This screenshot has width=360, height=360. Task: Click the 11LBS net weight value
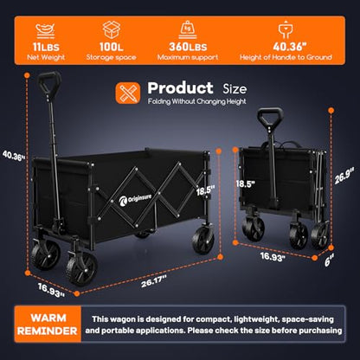pos(46,47)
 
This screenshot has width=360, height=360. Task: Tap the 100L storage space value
pos(112,47)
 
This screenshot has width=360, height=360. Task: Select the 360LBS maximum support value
pos(188,47)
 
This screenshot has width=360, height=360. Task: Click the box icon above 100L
pos(112,29)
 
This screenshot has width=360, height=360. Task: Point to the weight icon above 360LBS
pos(188,29)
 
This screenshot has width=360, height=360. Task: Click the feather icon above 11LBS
pos(46,30)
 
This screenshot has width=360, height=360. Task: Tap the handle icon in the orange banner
pos(286,29)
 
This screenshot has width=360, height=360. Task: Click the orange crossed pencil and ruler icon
pos(128,93)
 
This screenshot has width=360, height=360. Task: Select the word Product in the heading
pos(180,88)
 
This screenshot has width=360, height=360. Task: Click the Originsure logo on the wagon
pos(135,200)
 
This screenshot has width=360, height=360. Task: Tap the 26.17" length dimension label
pos(154,281)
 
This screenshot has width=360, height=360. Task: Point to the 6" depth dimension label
pos(329,260)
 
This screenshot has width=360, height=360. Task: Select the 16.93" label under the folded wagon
pos(273,256)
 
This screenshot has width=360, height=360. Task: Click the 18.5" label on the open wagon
pos(206,190)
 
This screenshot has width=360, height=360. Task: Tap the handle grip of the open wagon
pos(49,82)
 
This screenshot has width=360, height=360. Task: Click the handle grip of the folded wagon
pos(270,118)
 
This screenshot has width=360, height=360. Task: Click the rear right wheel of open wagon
pos(203,241)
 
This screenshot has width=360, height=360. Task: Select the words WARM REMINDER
pos(48,325)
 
